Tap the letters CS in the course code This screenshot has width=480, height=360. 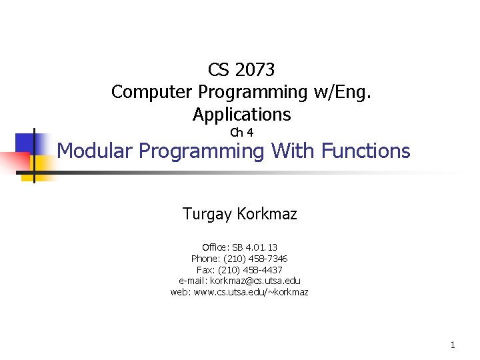pyautogui.click(x=219, y=69)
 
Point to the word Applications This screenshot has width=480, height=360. pyautogui.click(x=241, y=115)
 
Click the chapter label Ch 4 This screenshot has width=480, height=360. pyautogui.click(x=241, y=133)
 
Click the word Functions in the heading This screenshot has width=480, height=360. pyautogui.click(x=365, y=151)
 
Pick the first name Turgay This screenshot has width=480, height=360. pyautogui.click(x=207, y=214)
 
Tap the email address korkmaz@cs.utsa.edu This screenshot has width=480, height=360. pyautogui.click(x=255, y=281)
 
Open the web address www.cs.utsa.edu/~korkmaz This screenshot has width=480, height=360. pyautogui.click(x=251, y=292)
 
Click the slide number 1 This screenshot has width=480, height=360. pyautogui.click(x=453, y=345)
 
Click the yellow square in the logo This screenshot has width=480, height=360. pyautogui.click(x=41, y=163)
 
